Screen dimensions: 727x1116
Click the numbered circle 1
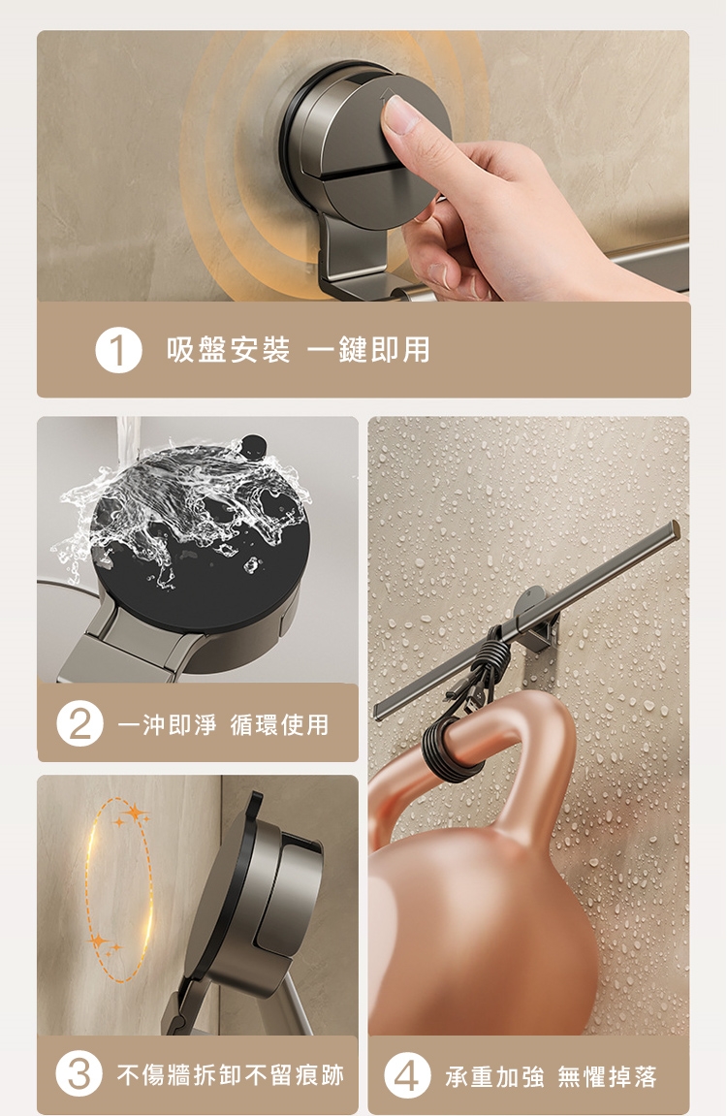[119, 350]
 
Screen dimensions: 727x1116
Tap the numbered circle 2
[79, 723]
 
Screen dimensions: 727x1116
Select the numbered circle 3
[79, 1073]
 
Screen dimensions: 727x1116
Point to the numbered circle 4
[407, 1074]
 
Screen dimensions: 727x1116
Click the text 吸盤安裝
[229, 350]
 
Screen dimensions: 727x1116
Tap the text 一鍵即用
[368, 350]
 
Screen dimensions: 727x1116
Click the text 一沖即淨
[167, 724]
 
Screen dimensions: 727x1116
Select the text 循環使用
[279, 724]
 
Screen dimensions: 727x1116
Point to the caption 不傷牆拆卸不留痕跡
[231, 1074]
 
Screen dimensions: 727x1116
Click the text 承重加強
[495, 1077]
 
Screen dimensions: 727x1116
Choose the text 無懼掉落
[607, 1077]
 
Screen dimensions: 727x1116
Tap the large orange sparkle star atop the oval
[134, 813]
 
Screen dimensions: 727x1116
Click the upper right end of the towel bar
[675, 527]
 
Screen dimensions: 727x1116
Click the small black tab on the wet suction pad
[253, 446]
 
